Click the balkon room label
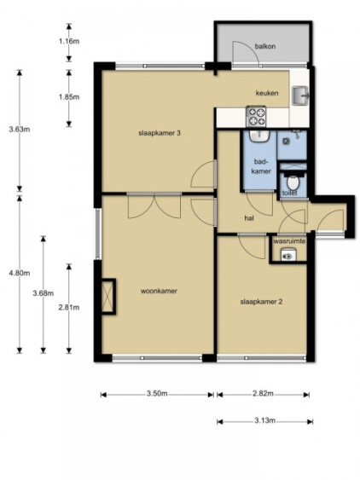265,46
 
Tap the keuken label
267,93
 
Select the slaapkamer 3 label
160,133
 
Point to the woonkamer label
159,291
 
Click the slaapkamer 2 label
261,302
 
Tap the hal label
249,218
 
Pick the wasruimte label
289,241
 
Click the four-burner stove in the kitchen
256,116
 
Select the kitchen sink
300,95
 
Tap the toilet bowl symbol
293,182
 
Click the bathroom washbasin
259,136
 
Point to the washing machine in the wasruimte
288,255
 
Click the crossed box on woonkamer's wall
108,297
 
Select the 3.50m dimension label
157,394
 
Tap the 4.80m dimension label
20,273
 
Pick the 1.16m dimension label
69,41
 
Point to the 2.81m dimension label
69,307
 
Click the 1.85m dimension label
69,97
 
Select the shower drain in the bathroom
286,142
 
